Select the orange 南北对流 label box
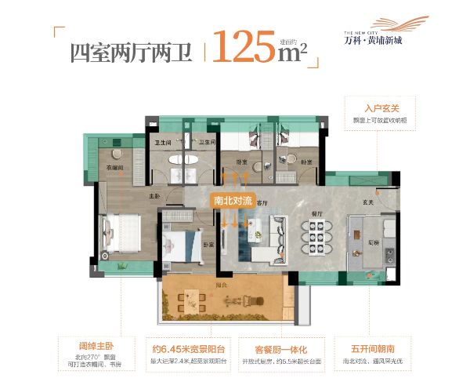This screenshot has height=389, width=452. [x=234, y=200]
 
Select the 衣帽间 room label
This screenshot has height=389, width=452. [x=108, y=167]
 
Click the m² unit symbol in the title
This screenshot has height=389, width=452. [x=291, y=51]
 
